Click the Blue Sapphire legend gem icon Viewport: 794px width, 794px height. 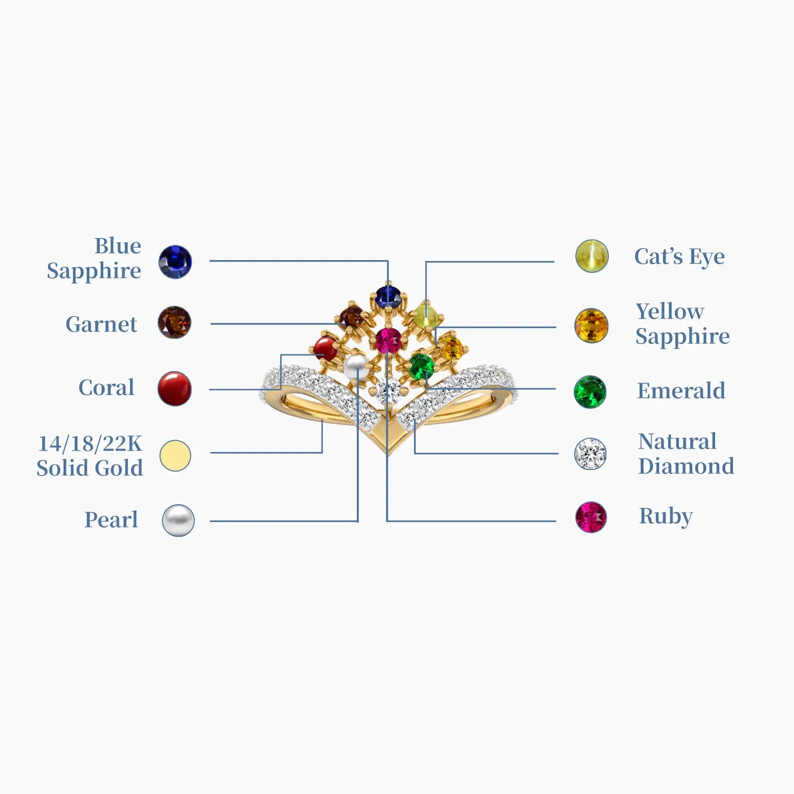[x=175, y=262]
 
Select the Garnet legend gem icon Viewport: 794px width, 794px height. [x=174, y=323]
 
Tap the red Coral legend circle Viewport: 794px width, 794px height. [x=175, y=389]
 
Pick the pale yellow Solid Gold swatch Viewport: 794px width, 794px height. [x=175, y=455]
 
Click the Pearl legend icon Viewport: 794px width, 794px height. [x=178, y=520]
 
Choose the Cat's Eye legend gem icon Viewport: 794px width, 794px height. [x=592, y=256]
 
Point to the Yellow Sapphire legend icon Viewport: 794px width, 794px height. [x=591, y=326]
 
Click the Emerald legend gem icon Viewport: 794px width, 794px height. [x=590, y=392]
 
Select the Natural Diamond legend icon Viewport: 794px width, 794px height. [x=590, y=454]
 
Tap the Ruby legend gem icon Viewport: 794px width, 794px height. [x=591, y=517]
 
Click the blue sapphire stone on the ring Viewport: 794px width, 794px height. [x=388, y=296]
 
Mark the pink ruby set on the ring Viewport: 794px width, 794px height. [x=388, y=340]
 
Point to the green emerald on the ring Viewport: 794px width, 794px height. [x=421, y=366]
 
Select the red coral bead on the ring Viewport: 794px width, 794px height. [x=326, y=347]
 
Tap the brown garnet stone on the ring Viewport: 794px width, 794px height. [x=352, y=317]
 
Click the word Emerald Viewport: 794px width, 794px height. [x=681, y=391]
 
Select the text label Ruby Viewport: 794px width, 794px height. [x=665, y=516]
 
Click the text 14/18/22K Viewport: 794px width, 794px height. [x=90, y=443]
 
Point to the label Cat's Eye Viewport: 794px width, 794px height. [x=679, y=257]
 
